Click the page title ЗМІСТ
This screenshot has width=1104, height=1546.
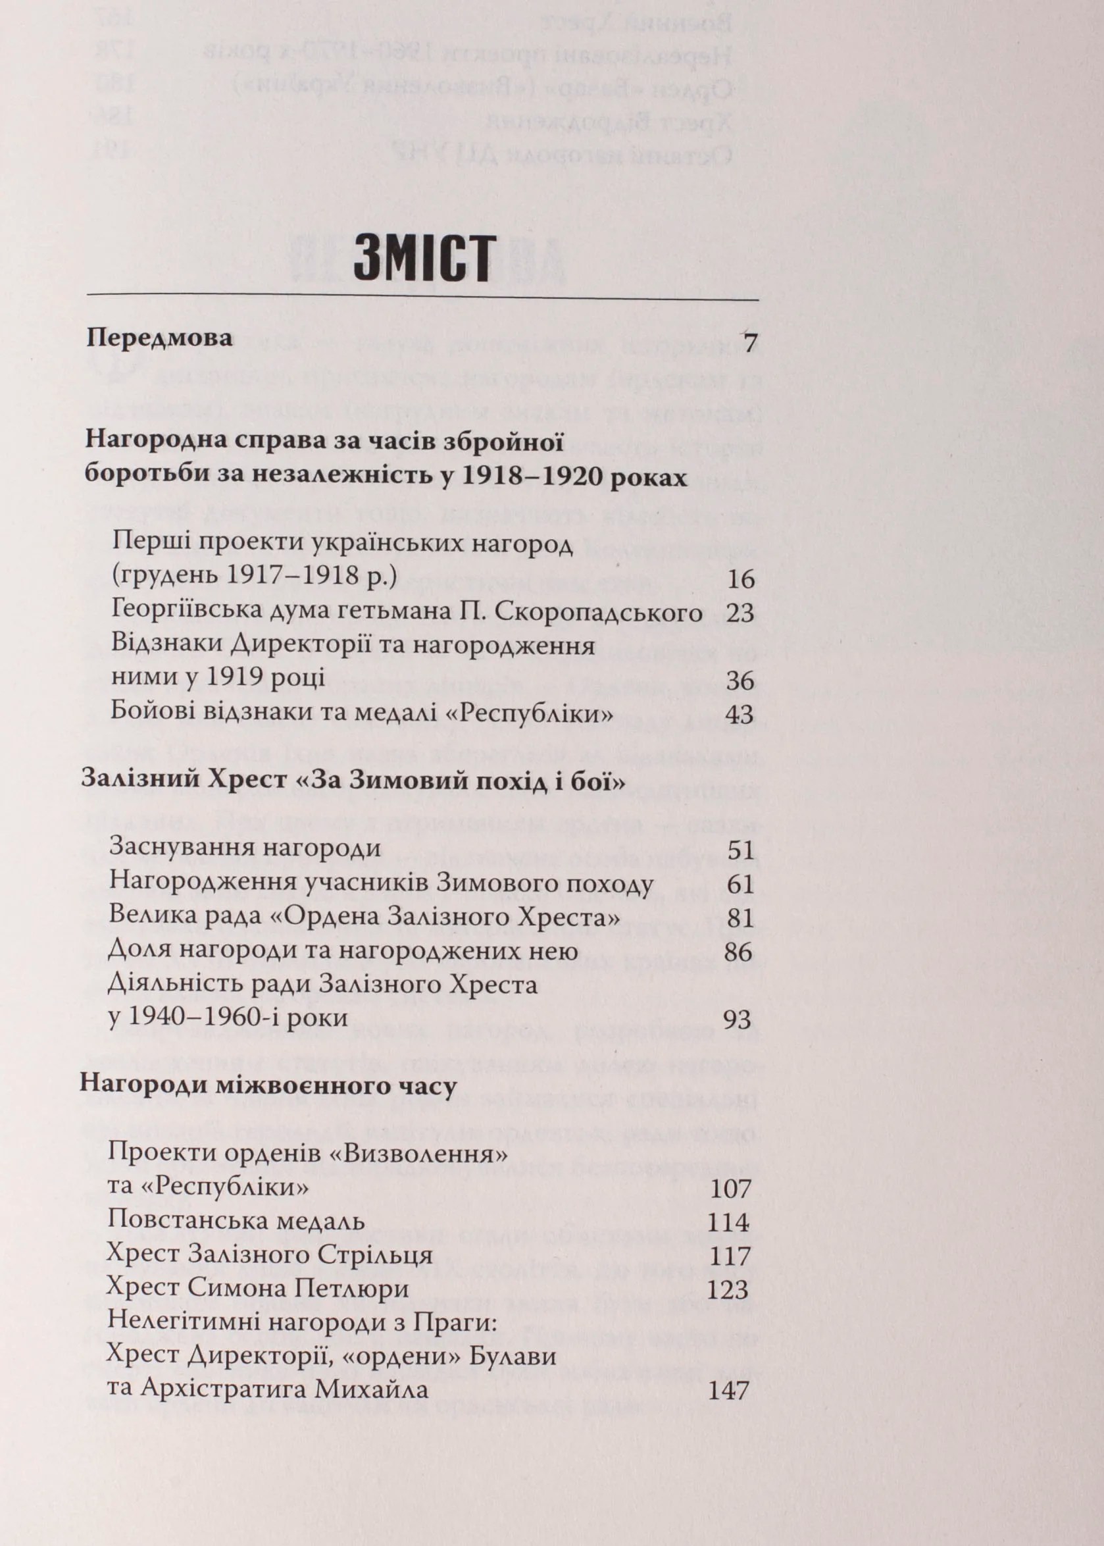tap(422, 258)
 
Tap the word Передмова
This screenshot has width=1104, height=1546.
tap(160, 338)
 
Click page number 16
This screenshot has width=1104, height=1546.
tap(740, 579)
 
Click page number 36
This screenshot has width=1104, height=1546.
tap(740, 681)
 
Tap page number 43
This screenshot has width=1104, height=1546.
tap(740, 715)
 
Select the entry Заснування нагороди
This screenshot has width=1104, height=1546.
tap(245, 849)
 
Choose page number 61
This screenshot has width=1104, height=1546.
tap(740, 884)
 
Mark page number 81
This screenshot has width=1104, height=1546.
tap(740, 918)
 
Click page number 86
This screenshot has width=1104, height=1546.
tap(739, 952)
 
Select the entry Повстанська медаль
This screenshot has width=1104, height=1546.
tap(236, 1221)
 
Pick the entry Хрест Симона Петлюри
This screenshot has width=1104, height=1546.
tap(259, 1289)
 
